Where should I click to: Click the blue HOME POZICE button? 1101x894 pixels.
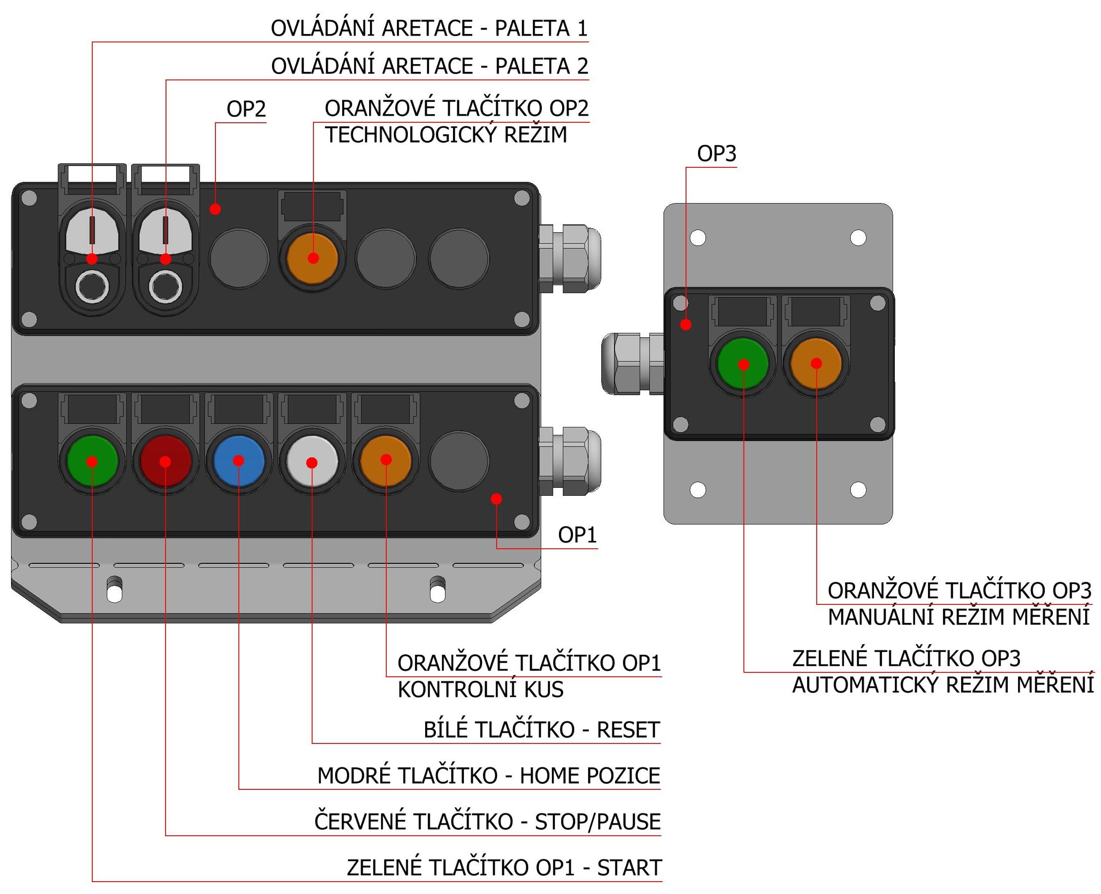(x=238, y=461)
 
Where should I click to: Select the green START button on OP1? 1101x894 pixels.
(x=92, y=461)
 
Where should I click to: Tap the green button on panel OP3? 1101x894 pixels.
(x=743, y=364)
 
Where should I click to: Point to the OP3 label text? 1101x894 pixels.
(x=716, y=154)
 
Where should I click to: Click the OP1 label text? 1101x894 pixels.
(x=577, y=536)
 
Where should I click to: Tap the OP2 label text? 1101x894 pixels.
(x=246, y=109)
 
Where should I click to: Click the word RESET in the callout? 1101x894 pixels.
(x=628, y=730)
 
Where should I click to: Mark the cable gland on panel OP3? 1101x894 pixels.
(x=632, y=364)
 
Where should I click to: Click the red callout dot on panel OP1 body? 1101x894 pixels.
(x=497, y=498)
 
